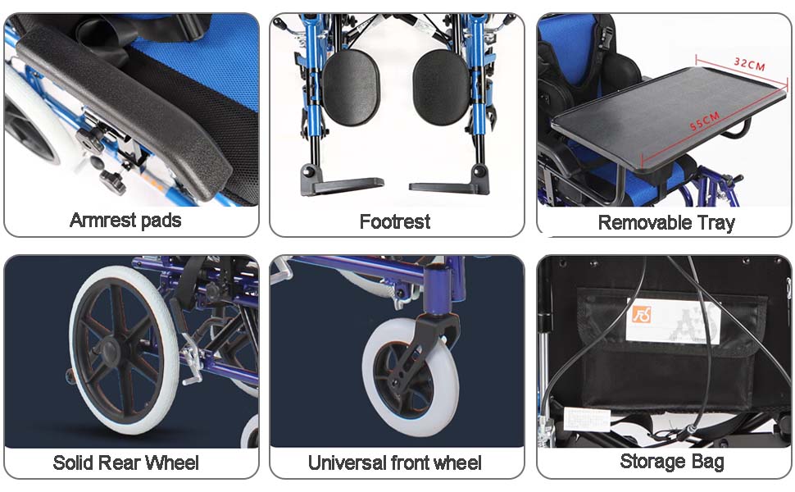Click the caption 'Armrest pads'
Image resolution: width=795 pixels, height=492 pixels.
coord(125,221)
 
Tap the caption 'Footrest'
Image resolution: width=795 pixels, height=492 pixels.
coord(395,221)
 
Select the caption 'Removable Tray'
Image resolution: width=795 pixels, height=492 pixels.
coord(666,222)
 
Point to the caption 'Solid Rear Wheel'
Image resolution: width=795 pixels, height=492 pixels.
coord(125,462)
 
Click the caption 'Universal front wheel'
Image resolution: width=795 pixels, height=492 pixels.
coord(395,462)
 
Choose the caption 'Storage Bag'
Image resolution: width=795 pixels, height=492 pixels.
coord(671,462)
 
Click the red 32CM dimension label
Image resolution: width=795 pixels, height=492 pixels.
coord(749,63)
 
